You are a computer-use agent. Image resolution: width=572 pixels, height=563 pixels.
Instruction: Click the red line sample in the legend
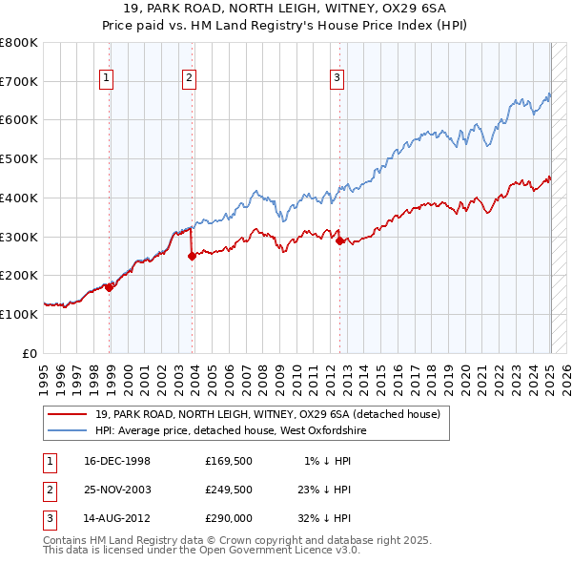pos(67,415)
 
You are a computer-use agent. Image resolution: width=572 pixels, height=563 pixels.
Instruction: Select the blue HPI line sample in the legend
pos(67,431)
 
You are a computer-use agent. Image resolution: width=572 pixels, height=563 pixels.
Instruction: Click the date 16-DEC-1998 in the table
pos(117,462)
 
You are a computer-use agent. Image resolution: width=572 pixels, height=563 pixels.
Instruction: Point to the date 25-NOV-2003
pos(117,490)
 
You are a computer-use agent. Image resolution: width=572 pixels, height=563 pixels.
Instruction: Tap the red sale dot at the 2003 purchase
pos(193,256)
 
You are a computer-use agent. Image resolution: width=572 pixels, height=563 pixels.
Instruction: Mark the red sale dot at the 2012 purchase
pos(339,240)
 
